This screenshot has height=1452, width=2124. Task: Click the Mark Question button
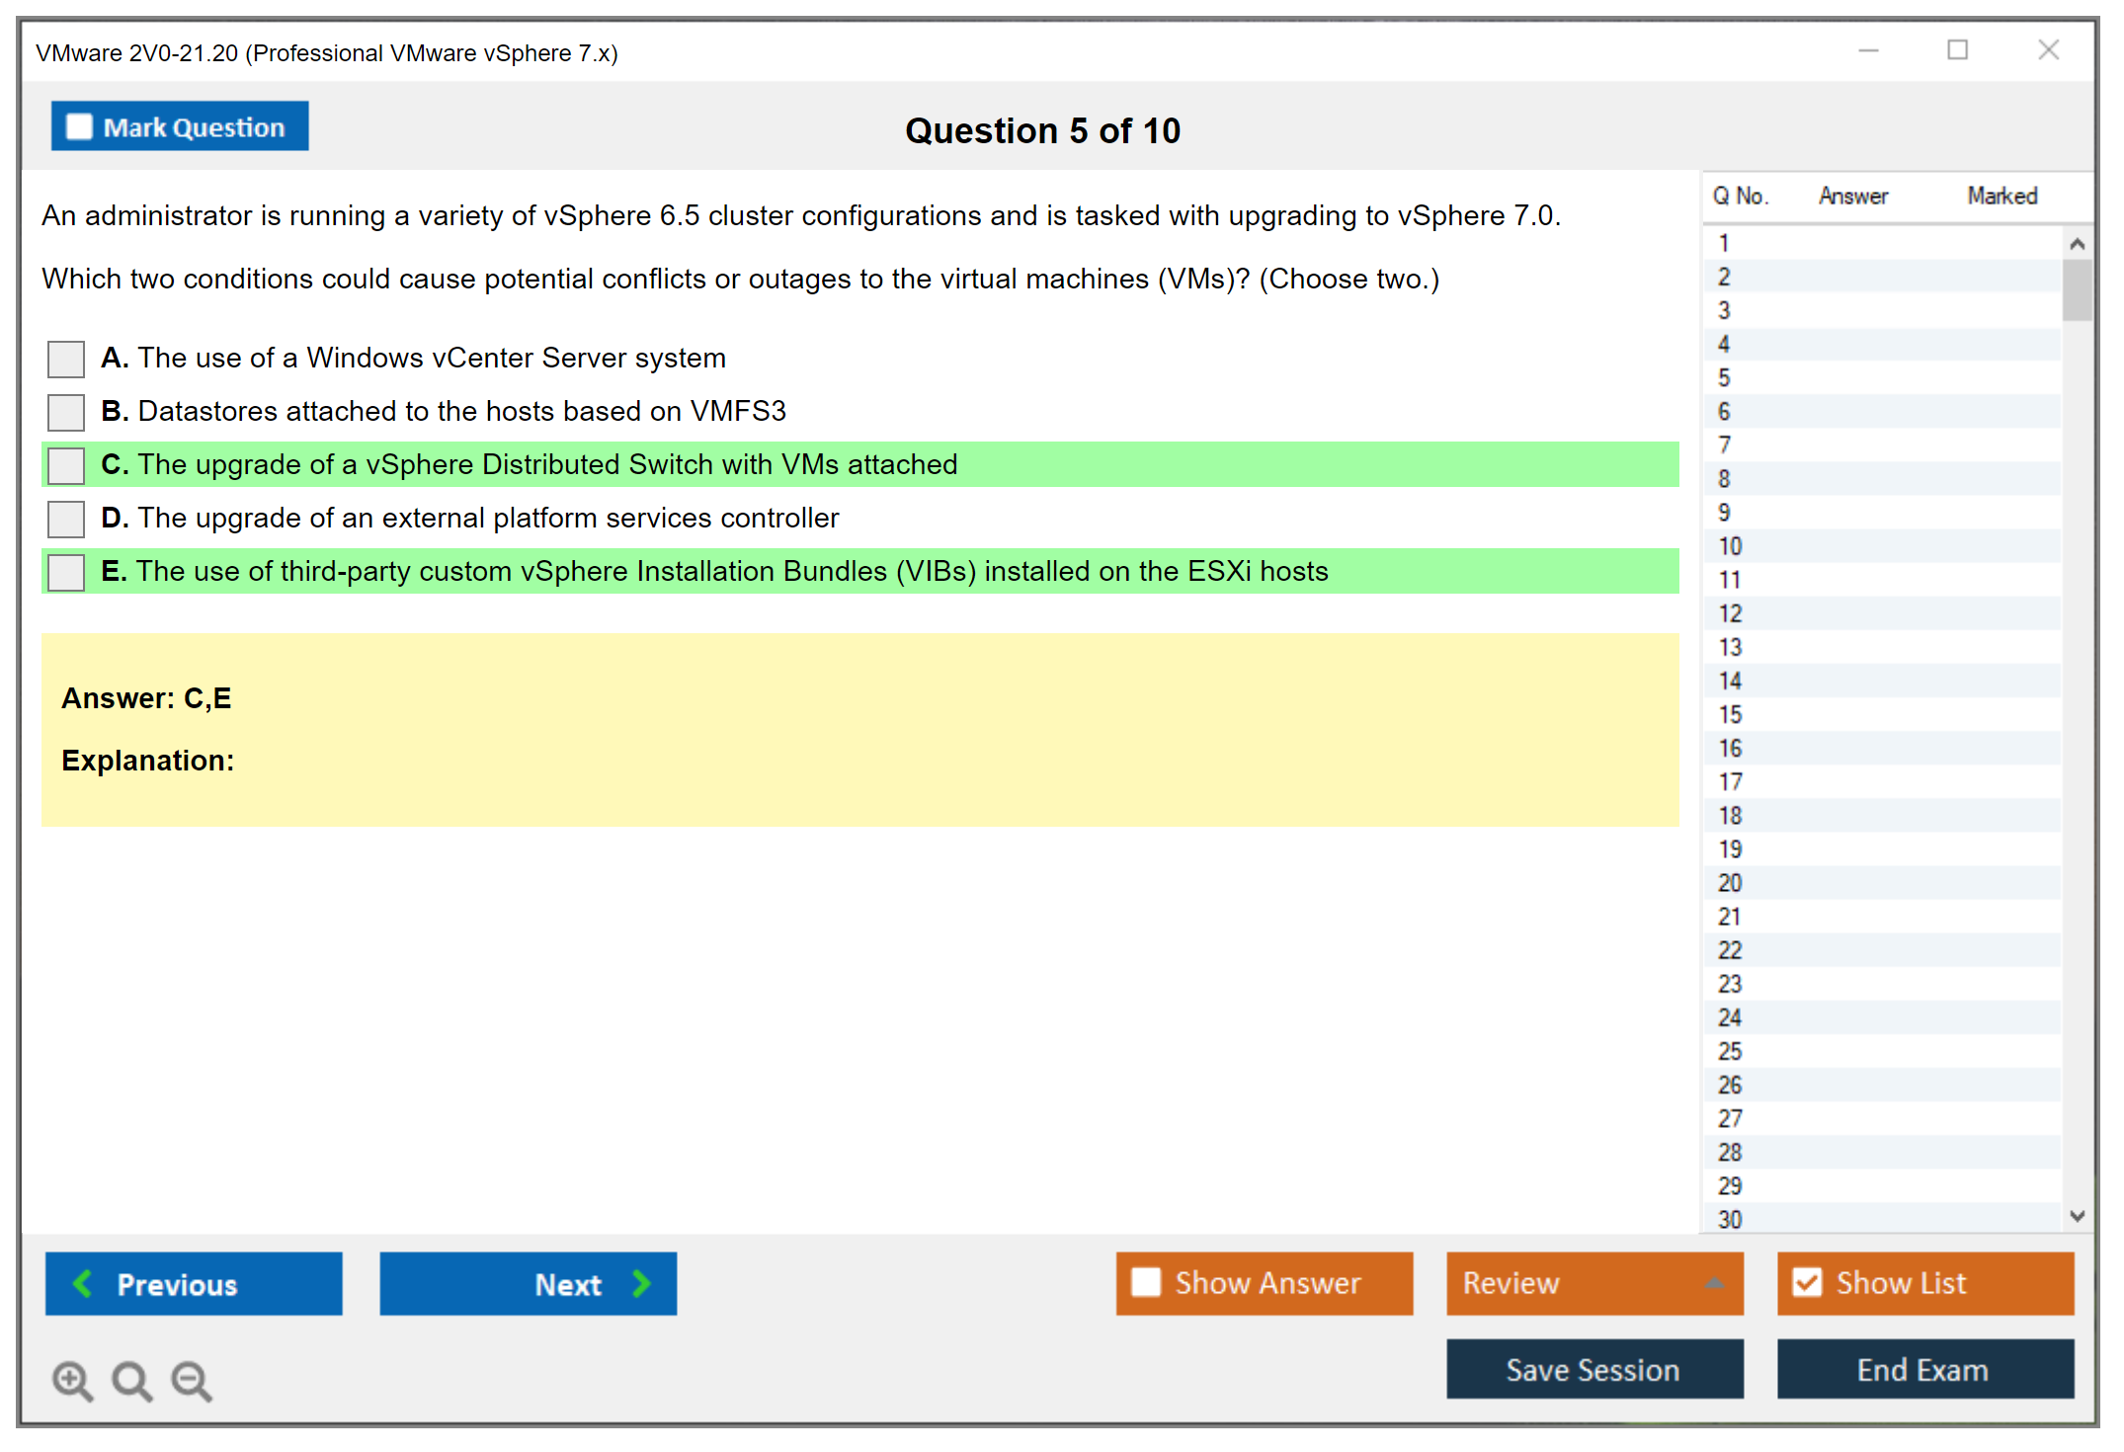click(180, 126)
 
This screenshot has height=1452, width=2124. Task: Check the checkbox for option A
click(66, 359)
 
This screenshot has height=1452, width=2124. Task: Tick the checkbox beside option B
click(66, 412)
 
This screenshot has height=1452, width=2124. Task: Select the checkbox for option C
click(66, 465)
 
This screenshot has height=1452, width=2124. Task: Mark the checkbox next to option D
click(66, 519)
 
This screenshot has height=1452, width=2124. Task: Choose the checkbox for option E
click(66, 572)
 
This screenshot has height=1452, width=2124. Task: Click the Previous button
click(194, 1284)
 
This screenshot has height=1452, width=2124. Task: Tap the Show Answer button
click(1265, 1284)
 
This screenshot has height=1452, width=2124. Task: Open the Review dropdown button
click(1595, 1284)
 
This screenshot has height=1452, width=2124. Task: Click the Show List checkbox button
click(1925, 1284)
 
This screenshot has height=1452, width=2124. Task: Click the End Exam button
click(1925, 1370)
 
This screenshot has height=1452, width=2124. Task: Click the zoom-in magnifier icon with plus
click(73, 1381)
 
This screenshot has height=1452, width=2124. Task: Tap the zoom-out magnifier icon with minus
click(192, 1381)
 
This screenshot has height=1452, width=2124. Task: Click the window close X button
click(2049, 49)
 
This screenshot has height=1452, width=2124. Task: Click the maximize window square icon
click(1958, 49)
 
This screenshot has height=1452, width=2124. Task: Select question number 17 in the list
click(1730, 782)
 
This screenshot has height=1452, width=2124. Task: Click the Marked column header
click(2002, 196)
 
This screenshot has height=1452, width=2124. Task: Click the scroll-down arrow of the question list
click(2078, 1216)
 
